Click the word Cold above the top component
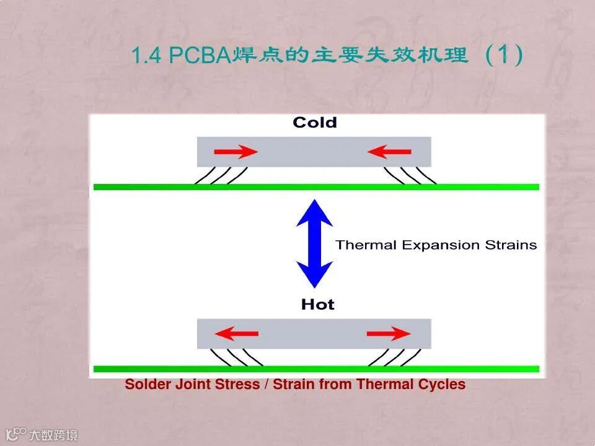[315, 123]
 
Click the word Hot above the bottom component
[317, 304]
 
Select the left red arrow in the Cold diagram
[236, 152]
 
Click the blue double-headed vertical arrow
[315, 243]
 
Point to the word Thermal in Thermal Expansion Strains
[366, 245]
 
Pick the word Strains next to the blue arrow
[510, 245]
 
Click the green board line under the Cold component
[316, 186]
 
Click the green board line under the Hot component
[316, 369]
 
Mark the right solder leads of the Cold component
[410, 175]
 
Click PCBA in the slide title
[199, 56]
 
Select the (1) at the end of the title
[504, 55]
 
